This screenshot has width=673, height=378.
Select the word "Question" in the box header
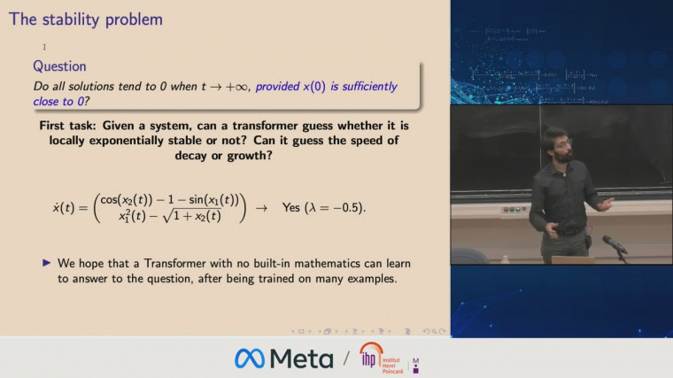tap(59, 66)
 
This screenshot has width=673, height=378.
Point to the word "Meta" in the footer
tap(302, 359)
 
